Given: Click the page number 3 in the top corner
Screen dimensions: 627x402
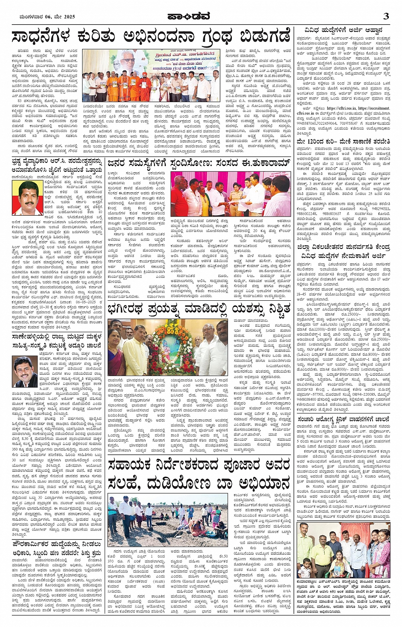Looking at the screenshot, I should click(x=386, y=17).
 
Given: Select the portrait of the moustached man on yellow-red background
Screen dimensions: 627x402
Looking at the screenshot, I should click(x=27, y=197).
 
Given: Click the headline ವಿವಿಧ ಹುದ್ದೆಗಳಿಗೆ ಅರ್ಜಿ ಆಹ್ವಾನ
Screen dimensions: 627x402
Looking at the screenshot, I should click(x=343, y=31).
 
